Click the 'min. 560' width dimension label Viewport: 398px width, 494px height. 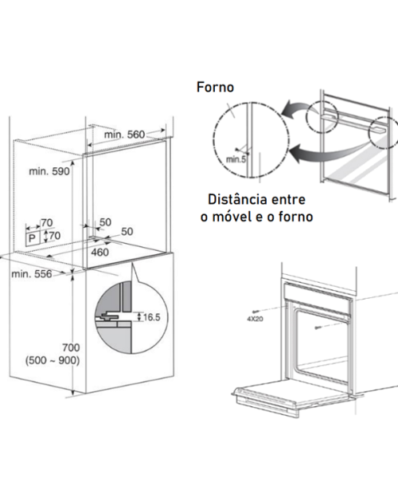point(124,135)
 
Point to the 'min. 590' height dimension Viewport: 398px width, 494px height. point(49,171)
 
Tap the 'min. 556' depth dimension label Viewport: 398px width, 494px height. point(32,274)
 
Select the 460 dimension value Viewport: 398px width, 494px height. point(100,253)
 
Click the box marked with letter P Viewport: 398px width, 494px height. point(33,238)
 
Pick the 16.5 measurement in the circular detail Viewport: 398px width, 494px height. point(152,317)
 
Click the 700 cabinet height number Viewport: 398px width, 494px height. point(71,347)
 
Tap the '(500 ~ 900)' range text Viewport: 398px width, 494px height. point(53,360)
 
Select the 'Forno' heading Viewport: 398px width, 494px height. point(215,87)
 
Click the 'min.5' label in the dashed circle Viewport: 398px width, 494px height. point(236,159)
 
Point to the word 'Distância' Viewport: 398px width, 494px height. point(237,199)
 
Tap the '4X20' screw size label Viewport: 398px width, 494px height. point(255,320)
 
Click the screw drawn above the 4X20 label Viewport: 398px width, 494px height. point(258,312)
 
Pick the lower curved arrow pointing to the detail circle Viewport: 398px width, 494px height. point(327,152)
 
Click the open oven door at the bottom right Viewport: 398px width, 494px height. point(293,398)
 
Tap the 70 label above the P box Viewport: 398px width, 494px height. point(46,223)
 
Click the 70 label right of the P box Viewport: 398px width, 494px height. point(55,236)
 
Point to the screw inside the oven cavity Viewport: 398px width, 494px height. point(318,328)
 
